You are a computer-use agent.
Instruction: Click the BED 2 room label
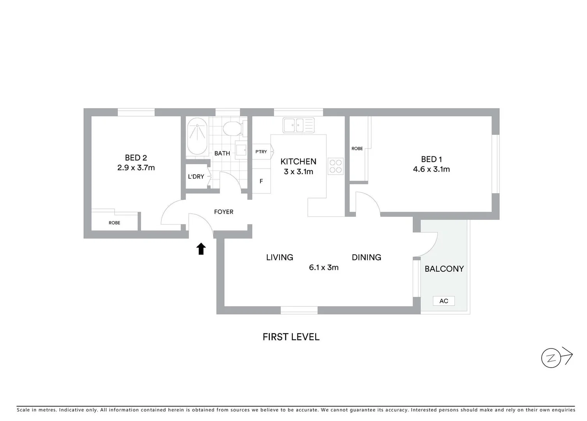pos(136,158)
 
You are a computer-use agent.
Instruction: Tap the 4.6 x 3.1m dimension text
pos(431,169)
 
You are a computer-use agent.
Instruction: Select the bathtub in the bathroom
pos(198,136)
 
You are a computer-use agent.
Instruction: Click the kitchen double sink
pos(298,125)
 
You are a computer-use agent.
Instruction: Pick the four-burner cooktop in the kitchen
pos(335,166)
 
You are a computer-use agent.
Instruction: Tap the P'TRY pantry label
pos(261,152)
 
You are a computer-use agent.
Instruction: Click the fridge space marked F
pos(261,181)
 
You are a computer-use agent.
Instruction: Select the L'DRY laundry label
pos(196,177)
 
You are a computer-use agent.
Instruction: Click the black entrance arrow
pos(201,249)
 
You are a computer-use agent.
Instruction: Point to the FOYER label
pos(224,212)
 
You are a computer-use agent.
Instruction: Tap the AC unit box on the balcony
pos(444,301)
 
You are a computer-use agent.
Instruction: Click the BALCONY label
pos(444,269)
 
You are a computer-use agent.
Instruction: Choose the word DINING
pos(366,257)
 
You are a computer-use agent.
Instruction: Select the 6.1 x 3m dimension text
pos(324,267)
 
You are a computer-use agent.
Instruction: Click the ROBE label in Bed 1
pos(357,149)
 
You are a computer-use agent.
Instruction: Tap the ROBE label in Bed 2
pos(114,223)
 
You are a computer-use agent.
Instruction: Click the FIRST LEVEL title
pos(291,337)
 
